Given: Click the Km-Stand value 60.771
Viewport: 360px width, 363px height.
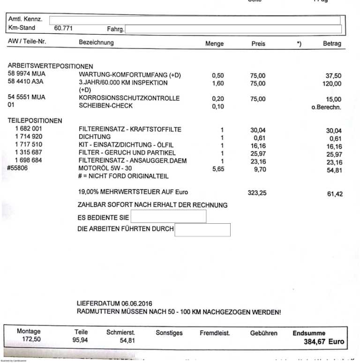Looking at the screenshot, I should click(x=63, y=28).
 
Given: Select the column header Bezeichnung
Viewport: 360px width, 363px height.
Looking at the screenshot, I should click(x=96, y=43).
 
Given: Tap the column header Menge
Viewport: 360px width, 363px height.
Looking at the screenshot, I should click(x=214, y=44).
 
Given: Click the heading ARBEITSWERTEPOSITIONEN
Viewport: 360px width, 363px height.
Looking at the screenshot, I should click(x=51, y=66).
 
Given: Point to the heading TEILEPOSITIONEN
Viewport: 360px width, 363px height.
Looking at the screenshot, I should click(x=35, y=121).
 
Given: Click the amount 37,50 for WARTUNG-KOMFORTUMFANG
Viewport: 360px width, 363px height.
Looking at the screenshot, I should click(x=333, y=76).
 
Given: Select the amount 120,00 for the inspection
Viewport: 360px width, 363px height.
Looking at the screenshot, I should click(x=331, y=84).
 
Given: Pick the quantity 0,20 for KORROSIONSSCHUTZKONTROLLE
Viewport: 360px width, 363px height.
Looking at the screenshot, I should click(x=217, y=99).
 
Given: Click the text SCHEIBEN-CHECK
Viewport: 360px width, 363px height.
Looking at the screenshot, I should click(x=106, y=106).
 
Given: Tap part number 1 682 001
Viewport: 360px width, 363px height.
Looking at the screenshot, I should click(x=29, y=129).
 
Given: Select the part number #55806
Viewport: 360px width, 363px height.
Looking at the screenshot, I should click(x=18, y=168).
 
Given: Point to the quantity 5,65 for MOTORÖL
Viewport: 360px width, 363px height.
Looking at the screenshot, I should click(x=218, y=169).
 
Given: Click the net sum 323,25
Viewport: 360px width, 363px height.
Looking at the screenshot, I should click(x=257, y=193).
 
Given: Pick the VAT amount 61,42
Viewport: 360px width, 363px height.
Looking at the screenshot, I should click(x=334, y=193).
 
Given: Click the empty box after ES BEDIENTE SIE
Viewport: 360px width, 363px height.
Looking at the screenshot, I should click(x=168, y=217).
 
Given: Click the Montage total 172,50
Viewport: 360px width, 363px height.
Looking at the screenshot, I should click(x=29, y=340).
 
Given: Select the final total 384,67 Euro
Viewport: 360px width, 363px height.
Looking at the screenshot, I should click(x=323, y=342).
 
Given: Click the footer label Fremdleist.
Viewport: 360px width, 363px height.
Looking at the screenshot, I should click(x=215, y=333).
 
